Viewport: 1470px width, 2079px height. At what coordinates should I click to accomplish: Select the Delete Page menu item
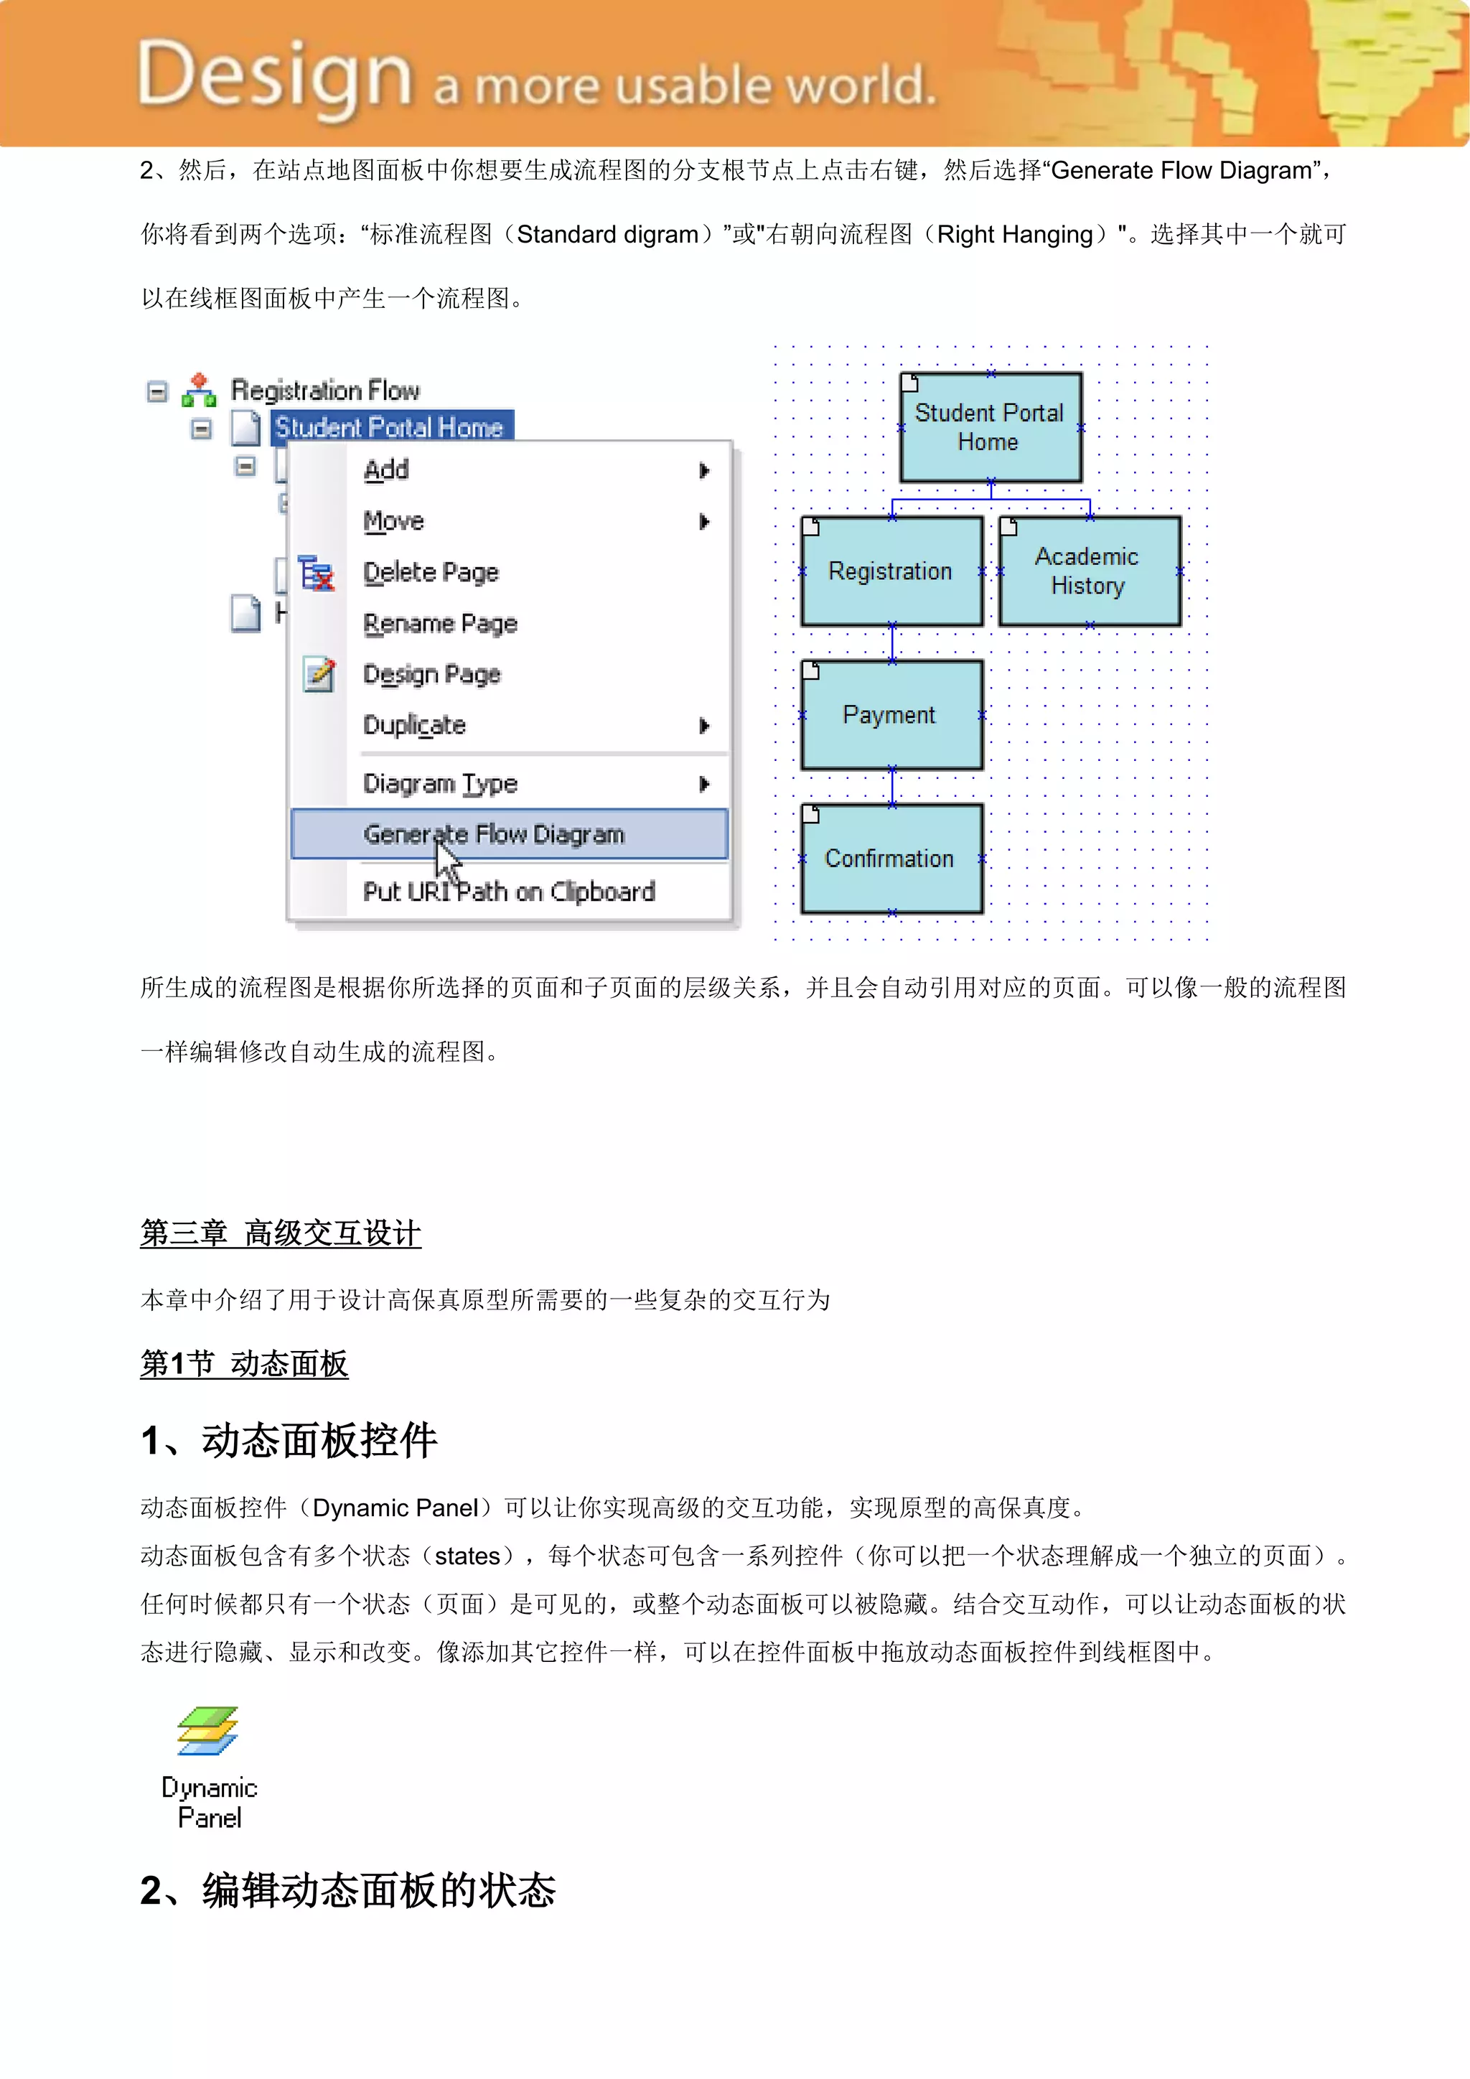(431, 572)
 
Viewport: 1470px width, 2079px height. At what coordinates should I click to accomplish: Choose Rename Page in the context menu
(440, 623)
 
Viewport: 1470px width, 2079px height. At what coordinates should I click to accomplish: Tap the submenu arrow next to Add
(704, 470)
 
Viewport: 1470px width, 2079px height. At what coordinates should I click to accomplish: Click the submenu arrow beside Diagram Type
(704, 784)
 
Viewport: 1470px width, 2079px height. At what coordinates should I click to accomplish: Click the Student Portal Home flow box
(991, 427)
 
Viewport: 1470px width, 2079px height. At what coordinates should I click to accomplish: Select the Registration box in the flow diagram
(891, 571)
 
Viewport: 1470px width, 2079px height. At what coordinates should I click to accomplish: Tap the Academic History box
(1089, 571)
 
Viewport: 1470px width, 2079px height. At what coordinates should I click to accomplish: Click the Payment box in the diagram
(891, 715)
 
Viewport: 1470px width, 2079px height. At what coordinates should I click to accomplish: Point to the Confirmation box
(891, 859)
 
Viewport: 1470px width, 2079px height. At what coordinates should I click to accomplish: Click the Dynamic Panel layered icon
(207, 1730)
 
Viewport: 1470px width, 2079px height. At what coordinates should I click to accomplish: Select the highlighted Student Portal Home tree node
(389, 427)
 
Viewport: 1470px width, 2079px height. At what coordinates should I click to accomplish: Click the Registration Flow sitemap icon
(199, 391)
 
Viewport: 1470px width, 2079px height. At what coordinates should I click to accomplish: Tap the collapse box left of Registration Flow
(157, 391)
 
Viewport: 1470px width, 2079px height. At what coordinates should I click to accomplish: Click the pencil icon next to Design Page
(319, 675)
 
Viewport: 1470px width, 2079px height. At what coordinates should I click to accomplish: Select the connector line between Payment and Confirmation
(891, 787)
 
